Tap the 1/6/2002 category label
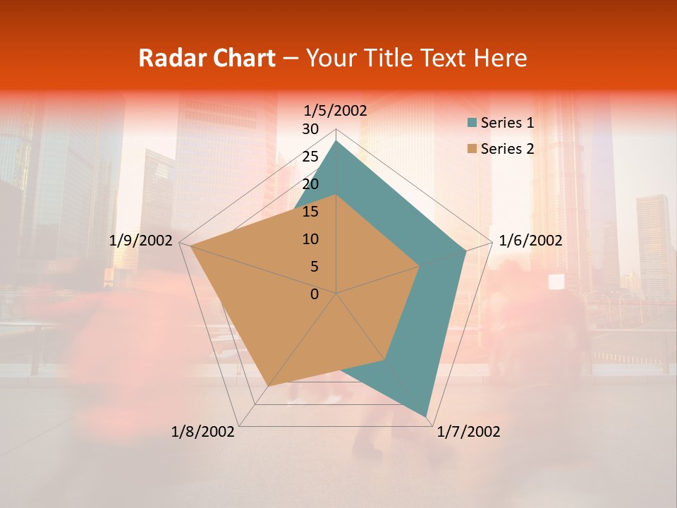click(x=530, y=241)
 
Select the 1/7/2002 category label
click(x=468, y=432)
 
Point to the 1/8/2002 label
click(x=203, y=432)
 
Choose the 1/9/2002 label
click(x=141, y=241)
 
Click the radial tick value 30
click(x=310, y=129)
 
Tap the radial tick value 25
click(x=310, y=157)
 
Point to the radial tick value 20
click(x=310, y=184)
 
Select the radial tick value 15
click(x=310, y=212)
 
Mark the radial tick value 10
click(x=310, y=239)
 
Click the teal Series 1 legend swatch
click(x=472, y=123)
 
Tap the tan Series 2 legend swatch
click(x=472, y=149)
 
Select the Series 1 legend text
click(x=507, y=123)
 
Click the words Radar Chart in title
click(x=207, y=58)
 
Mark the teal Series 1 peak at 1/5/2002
click(x=336, y=141)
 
